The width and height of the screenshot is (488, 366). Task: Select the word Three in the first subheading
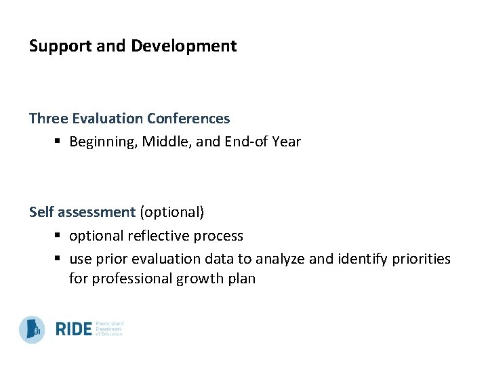[47, 119]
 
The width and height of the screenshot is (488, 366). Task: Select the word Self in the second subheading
[41, 212]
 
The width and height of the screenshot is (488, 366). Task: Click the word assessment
[96, 212]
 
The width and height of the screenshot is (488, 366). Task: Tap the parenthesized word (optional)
[171, 212]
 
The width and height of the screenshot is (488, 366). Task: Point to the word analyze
[281, 259]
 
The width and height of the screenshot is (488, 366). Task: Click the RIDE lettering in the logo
[73, 329]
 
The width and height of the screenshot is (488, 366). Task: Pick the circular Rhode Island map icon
[32, 329]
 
